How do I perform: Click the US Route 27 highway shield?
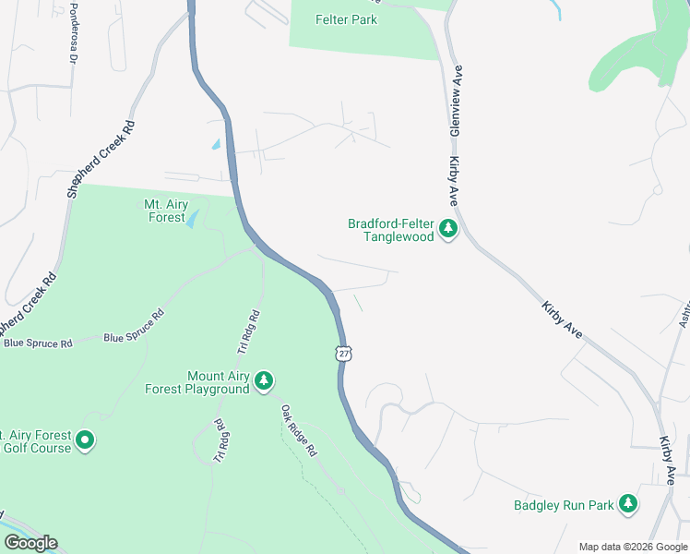[x=344, y=354]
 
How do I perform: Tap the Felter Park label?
[x=346, y=19]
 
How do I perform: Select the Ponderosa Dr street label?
[x=72, y=38]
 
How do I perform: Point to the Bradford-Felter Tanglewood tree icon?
[x=448, y=228]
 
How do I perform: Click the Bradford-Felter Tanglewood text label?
[x=390, y=230]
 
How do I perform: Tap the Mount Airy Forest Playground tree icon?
[x=264, y=380]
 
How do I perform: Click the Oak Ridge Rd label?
[x=299, y=430]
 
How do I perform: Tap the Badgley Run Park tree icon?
[x=628, y=503]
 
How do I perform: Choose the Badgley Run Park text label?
[x=564, y=505]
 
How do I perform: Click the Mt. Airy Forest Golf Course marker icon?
[x=85, y=440]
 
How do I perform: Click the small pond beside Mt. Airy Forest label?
[x=192, y=220]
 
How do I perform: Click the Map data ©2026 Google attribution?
[x=632, y=547]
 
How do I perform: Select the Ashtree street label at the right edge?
[x=684, y=313]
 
